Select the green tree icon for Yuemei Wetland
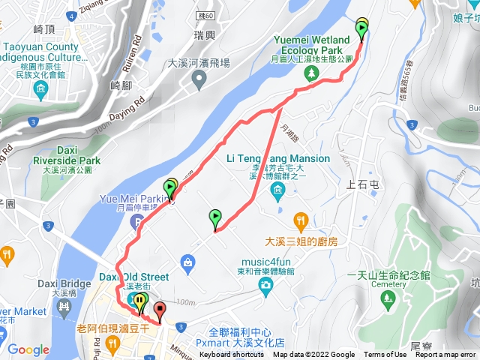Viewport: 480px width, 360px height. (311, 73)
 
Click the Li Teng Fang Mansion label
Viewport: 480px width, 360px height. (277, 158)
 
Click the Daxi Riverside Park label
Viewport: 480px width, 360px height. (68, 160)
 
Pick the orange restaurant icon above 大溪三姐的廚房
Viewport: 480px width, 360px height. (301, 220)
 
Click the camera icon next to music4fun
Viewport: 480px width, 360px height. (265, 286)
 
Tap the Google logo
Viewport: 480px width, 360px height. (28, 349)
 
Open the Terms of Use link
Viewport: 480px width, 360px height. (385, 355)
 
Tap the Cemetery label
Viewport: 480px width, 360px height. (394, 285)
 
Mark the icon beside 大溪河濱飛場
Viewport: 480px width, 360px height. (199, 81)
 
